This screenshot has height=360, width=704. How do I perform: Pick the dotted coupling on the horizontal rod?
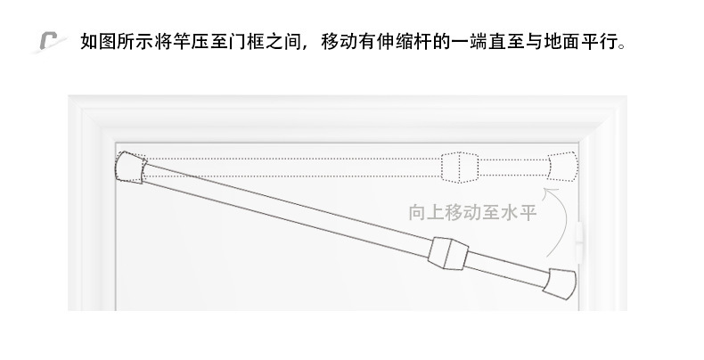[461, 166]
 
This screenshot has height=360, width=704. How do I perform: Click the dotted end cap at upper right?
[563, 165]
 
